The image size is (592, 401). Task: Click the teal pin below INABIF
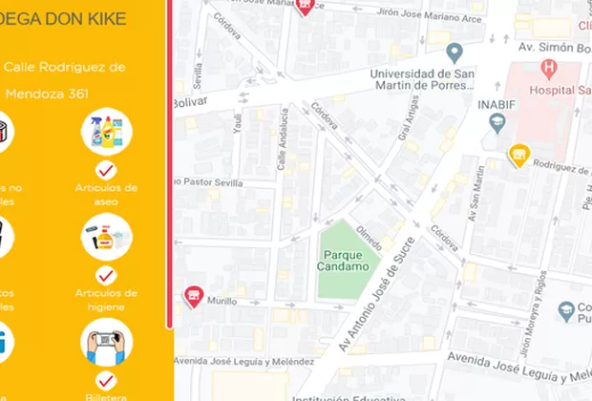[x=497, y=122]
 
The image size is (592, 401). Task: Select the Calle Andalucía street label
[x=283, y=139]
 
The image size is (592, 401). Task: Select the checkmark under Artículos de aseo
[x=106, y=170]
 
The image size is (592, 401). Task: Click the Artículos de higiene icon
[x=106, y=237]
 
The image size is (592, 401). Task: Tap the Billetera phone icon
[x=106, y=342]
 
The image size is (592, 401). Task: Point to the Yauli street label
[x=239, y=125]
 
